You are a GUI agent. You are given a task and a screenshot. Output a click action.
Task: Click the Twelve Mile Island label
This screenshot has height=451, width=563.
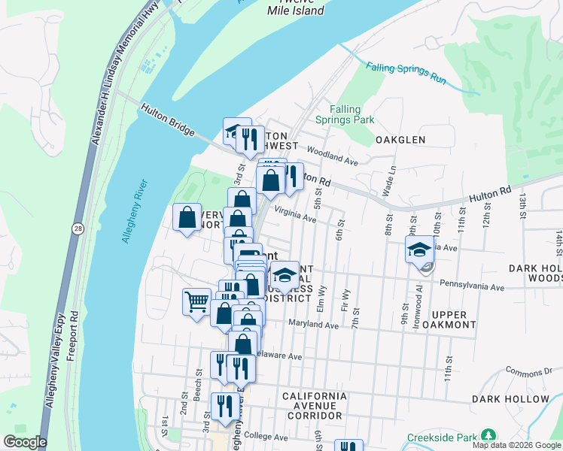point(296,7)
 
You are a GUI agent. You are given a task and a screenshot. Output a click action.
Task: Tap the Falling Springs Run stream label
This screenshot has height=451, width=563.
point(404,71)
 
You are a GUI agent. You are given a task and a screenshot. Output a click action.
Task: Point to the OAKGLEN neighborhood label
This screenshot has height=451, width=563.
point(400,140)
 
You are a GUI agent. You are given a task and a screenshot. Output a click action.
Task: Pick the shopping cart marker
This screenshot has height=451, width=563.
point(196,301)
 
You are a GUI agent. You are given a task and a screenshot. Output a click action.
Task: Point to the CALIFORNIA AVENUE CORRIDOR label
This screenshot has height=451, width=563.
point(315,405)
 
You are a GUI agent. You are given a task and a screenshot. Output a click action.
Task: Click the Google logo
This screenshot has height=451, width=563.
point(24,442)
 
